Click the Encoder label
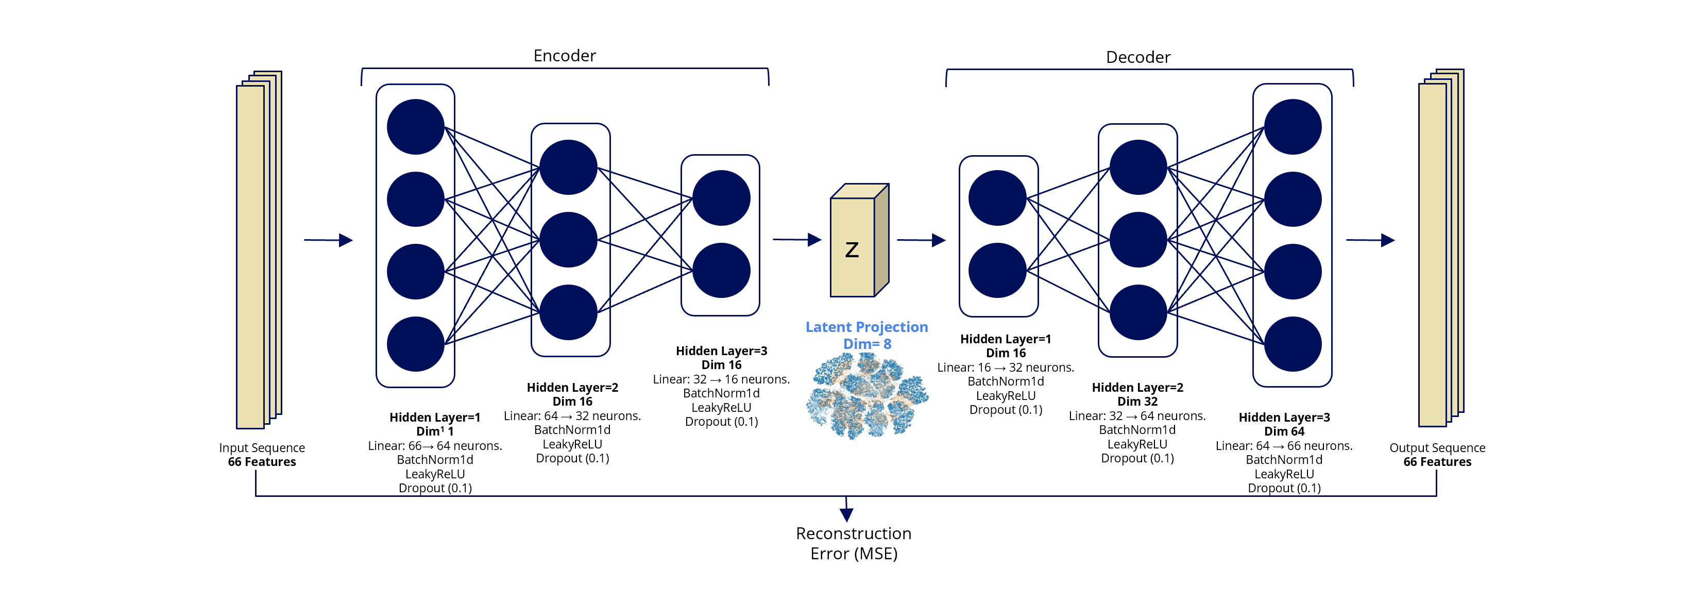[564, 56]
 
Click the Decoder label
[1138, 57]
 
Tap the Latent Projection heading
[866, 327]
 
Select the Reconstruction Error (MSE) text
[853, 543]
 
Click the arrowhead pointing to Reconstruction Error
[847, 514]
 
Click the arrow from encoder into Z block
[796, 240]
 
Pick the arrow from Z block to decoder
[921, 240]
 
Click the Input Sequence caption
[262, 448]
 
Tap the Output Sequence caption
[1437, 448]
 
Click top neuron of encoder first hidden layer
[415, 127]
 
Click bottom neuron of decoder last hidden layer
[1292, 344]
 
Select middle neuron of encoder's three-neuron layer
[568, 240]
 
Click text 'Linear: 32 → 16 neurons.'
[721, 379]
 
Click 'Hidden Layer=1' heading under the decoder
[1005, 339]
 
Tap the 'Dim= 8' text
[866, 344]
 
